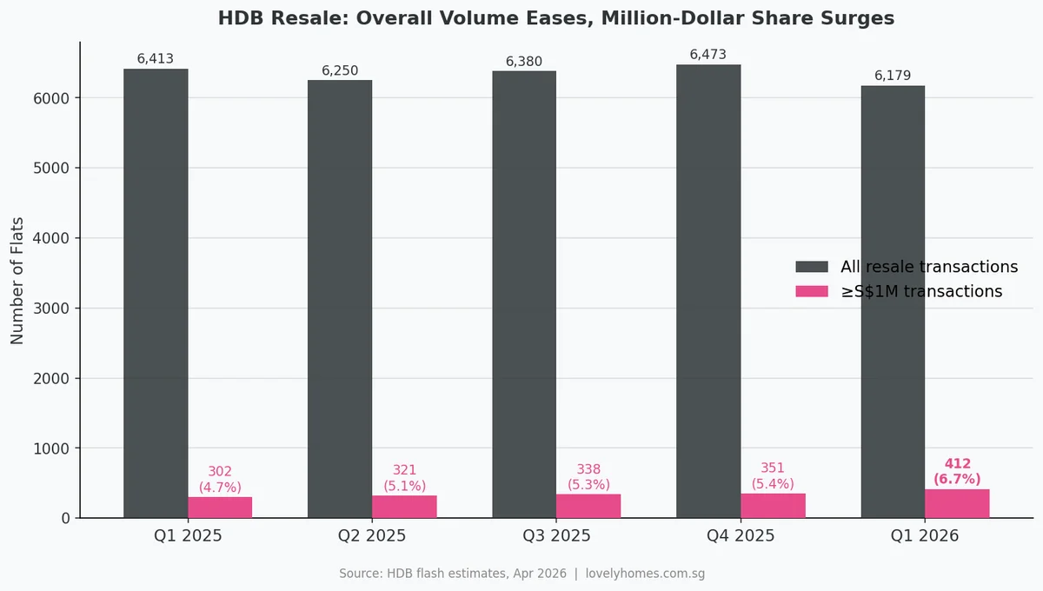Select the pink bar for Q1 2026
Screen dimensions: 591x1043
tap(957, 504)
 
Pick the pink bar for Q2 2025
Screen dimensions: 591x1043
tap(404, 507)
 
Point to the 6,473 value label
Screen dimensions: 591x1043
tap(708, 55)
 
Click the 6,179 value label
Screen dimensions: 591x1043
tap(893, 76)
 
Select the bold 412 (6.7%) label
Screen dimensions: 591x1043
tap(957, 471)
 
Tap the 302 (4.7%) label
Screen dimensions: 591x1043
tap(220, 478)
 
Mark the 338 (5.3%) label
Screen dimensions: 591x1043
tap(588, 476)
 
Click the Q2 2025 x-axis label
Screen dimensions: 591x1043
tap(372, 536)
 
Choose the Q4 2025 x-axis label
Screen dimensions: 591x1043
tap(741, 536)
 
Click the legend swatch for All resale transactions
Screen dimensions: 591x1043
tap(812, 267)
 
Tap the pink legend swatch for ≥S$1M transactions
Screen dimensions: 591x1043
tap(812, 291)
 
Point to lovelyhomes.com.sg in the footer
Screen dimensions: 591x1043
tap(645, 574)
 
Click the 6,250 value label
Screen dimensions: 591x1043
tap(340, 70)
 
